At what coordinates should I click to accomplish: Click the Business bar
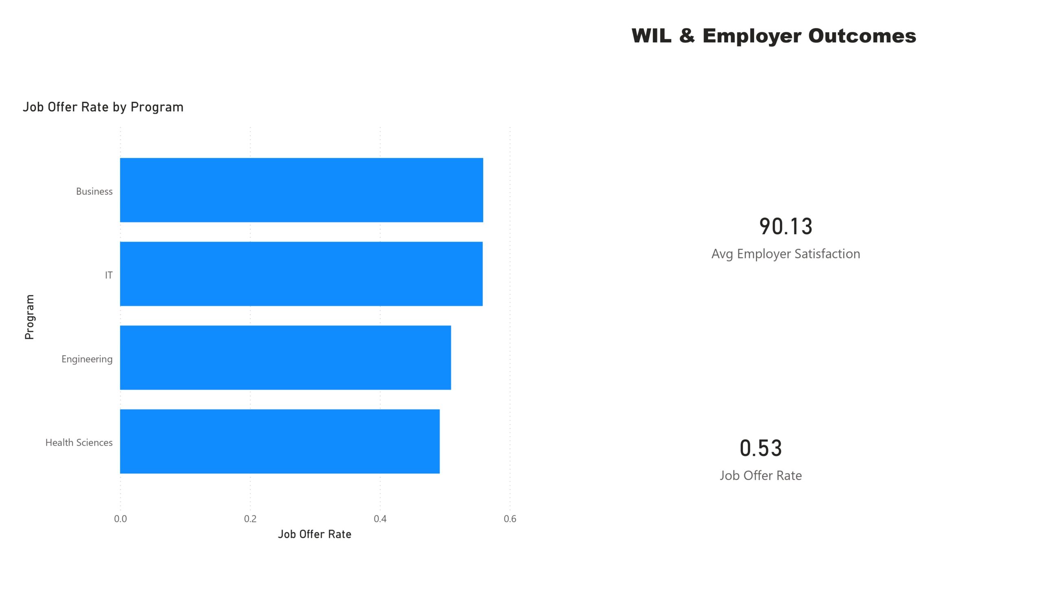point(301,190)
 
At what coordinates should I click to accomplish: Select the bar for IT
point(301,274)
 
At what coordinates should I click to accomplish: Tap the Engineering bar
point(285,357)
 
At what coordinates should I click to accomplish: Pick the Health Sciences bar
point(280,441)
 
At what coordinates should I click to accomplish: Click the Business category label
point(94,191)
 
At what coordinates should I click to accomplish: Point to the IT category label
point(109,275)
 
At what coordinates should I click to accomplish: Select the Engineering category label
point(87,359)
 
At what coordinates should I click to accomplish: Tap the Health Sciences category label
point(79,443)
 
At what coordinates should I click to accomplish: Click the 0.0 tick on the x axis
point(120,518)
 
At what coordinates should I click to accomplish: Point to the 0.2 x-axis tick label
point(250,518)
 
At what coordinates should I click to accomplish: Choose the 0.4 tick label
point(380,518)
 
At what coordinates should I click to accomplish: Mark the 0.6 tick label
point(510,518)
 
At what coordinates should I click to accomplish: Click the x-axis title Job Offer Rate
point(314,534)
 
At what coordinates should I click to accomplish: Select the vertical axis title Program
point(29,317)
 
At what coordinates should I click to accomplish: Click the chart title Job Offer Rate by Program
point(103,107)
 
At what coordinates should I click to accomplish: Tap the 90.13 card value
point(786,227)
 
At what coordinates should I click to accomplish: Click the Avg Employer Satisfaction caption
point(786,254)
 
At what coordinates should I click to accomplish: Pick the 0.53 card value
point(761,448)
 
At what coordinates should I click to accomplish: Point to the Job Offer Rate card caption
point(761,475)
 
